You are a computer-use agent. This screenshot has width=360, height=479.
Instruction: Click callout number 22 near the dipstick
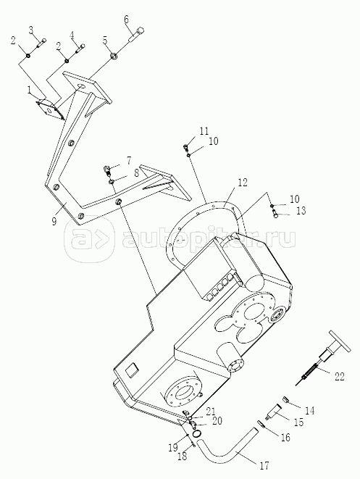[339, 377]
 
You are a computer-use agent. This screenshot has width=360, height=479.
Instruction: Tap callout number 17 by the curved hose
[264, 465]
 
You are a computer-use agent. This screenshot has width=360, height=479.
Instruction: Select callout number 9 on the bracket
[54, 221]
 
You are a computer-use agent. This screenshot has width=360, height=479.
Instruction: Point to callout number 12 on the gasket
[243, 183]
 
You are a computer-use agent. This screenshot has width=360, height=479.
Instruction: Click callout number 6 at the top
[126, 20]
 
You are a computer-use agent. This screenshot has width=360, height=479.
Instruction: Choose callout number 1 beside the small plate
[29, 90]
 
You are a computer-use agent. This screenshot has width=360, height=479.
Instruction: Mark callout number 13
[301, 210]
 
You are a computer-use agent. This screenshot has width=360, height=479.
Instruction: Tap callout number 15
[299, 422]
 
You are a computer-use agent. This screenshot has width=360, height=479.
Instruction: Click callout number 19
[172, 448]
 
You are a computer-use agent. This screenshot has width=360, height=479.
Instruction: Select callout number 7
[129, 160]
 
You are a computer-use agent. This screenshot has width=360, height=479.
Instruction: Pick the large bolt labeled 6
[136, 35]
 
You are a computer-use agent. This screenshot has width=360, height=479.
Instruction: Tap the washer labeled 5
[114, 56]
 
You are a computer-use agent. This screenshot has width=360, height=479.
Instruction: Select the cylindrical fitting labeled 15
[274, 411]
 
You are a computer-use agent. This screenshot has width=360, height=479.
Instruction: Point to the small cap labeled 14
[287, 399]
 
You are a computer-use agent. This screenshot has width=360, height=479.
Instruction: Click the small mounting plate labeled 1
[50, 109]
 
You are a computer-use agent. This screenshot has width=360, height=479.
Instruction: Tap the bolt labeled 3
[41, 43]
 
